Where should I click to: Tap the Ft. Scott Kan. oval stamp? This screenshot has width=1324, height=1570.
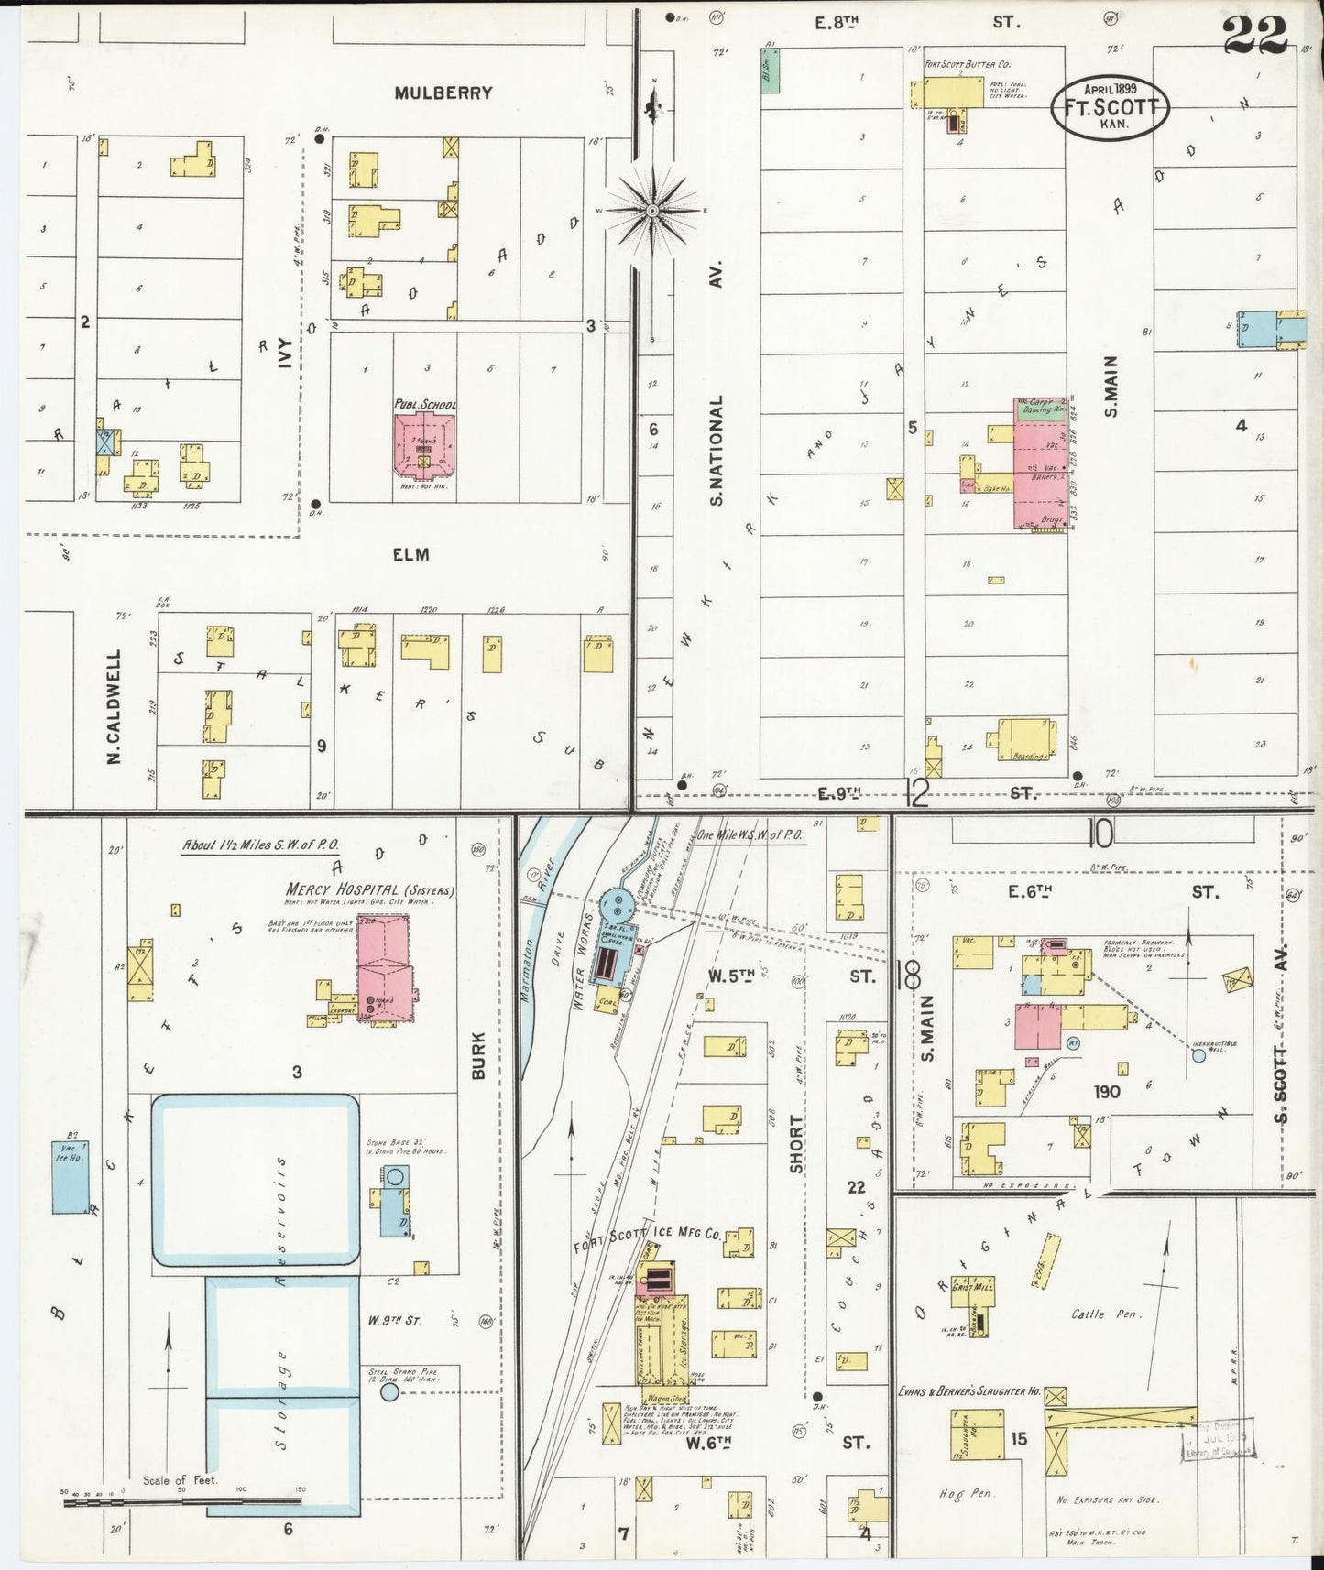tap(1110, 106)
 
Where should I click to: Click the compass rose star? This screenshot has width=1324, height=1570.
tap(652, 211)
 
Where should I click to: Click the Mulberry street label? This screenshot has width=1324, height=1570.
tap(443, 93)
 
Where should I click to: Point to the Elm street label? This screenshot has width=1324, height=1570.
tap(410, 554)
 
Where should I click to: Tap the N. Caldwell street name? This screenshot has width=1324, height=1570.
tap(115, 706)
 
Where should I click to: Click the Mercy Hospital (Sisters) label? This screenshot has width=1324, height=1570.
tap(370, 889)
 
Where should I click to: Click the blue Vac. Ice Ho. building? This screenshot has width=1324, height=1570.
tap(70, 1177)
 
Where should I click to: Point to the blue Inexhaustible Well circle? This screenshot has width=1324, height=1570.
tap(1198, 1056)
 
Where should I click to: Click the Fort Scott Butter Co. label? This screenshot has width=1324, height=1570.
tap(967, 65)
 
